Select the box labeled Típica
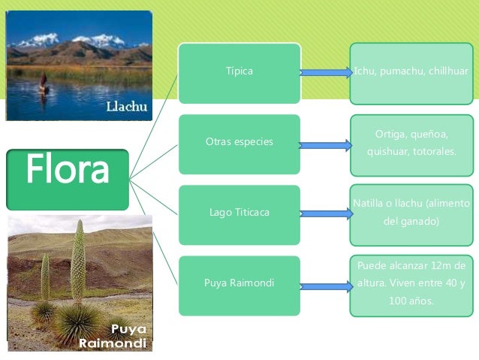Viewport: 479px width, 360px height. pyautogui.click(x=239, y=72)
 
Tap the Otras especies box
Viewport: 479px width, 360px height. pyautogui.click(x=239, y=142)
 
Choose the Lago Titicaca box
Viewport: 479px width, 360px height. pyautogui.click(x=239, y=213)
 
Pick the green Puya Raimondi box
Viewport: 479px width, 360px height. pyautogui.click(x=239, y=283)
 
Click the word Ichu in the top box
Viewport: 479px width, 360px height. pyautogui.click(x=366, y=71)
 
